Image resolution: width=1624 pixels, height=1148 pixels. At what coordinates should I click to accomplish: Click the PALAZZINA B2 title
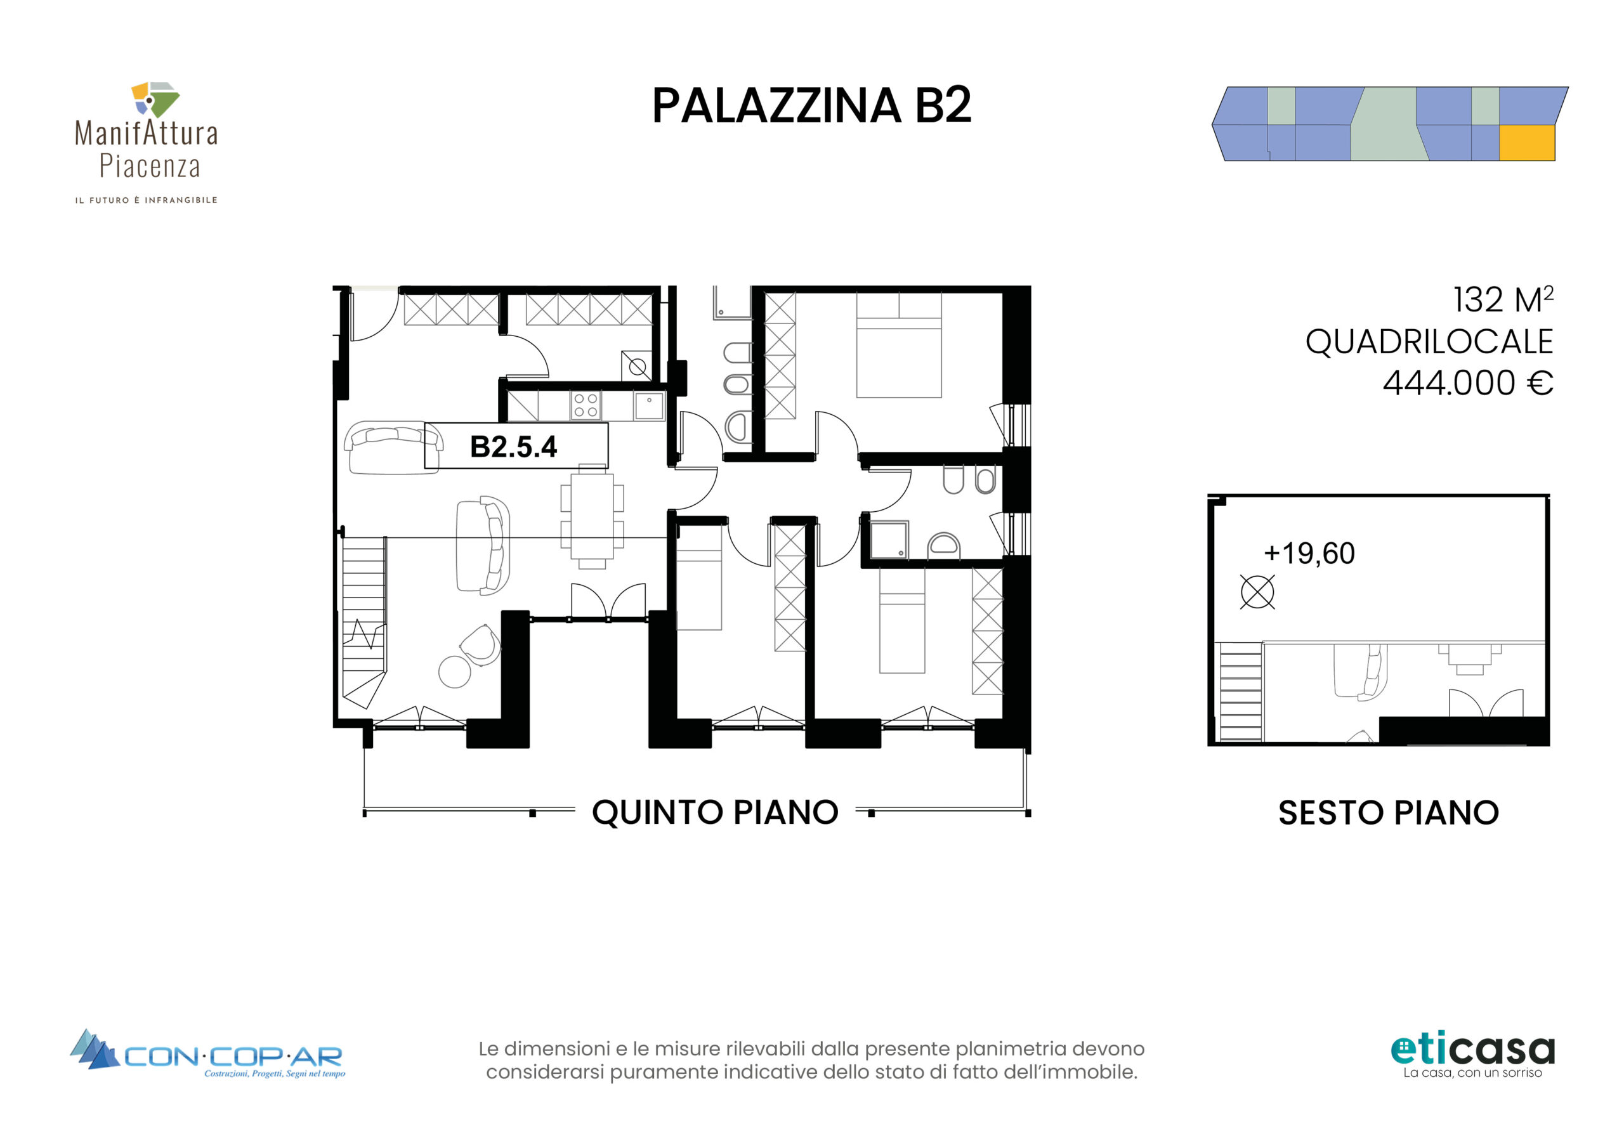point(811,105)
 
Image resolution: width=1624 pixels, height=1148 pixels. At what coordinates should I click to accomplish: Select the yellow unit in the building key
point(1527,143)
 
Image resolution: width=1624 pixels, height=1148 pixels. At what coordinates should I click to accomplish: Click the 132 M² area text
point(1503,300)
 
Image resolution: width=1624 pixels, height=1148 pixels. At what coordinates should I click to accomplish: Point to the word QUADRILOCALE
point(1429,342)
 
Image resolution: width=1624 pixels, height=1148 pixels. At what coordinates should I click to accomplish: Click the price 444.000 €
point(1468,382)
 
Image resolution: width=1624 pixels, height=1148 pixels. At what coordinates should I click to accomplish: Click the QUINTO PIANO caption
point(715,812)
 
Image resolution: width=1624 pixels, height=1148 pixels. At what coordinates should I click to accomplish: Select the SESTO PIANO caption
point(1389,812)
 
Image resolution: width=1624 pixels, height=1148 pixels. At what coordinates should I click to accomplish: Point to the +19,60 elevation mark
point(1309,553)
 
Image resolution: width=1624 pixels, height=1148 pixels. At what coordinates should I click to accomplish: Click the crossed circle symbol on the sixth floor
point(1257,592)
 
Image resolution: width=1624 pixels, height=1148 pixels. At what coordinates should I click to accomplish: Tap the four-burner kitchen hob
point(586,406)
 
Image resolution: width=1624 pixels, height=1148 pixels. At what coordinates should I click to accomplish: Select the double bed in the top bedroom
point(899,345)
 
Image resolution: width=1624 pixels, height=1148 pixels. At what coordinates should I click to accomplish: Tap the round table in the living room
point(455,671)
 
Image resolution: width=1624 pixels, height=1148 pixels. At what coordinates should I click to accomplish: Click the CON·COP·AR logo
point(207,1054)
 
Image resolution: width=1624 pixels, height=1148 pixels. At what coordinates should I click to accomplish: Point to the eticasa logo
point(1472,1056)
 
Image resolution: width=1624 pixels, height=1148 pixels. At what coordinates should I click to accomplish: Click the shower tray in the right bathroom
point(889,541)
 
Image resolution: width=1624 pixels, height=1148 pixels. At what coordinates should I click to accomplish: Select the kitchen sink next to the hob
point(650,406)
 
